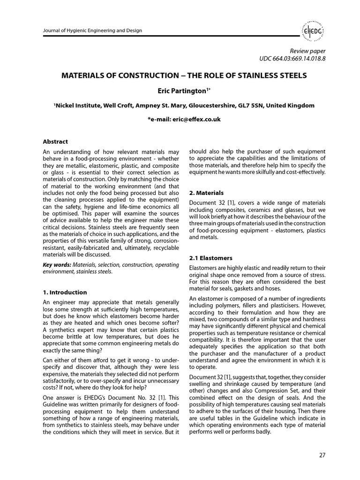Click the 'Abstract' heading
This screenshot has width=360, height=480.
(55, 142)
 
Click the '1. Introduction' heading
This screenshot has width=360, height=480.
(65, 292)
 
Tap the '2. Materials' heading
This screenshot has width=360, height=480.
(206, 193)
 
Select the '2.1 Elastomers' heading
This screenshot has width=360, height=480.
(210, 258)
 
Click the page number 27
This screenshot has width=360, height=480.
(321, 455)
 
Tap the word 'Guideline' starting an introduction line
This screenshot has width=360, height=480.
(58, 405)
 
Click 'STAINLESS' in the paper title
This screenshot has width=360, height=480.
(260, 75)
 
